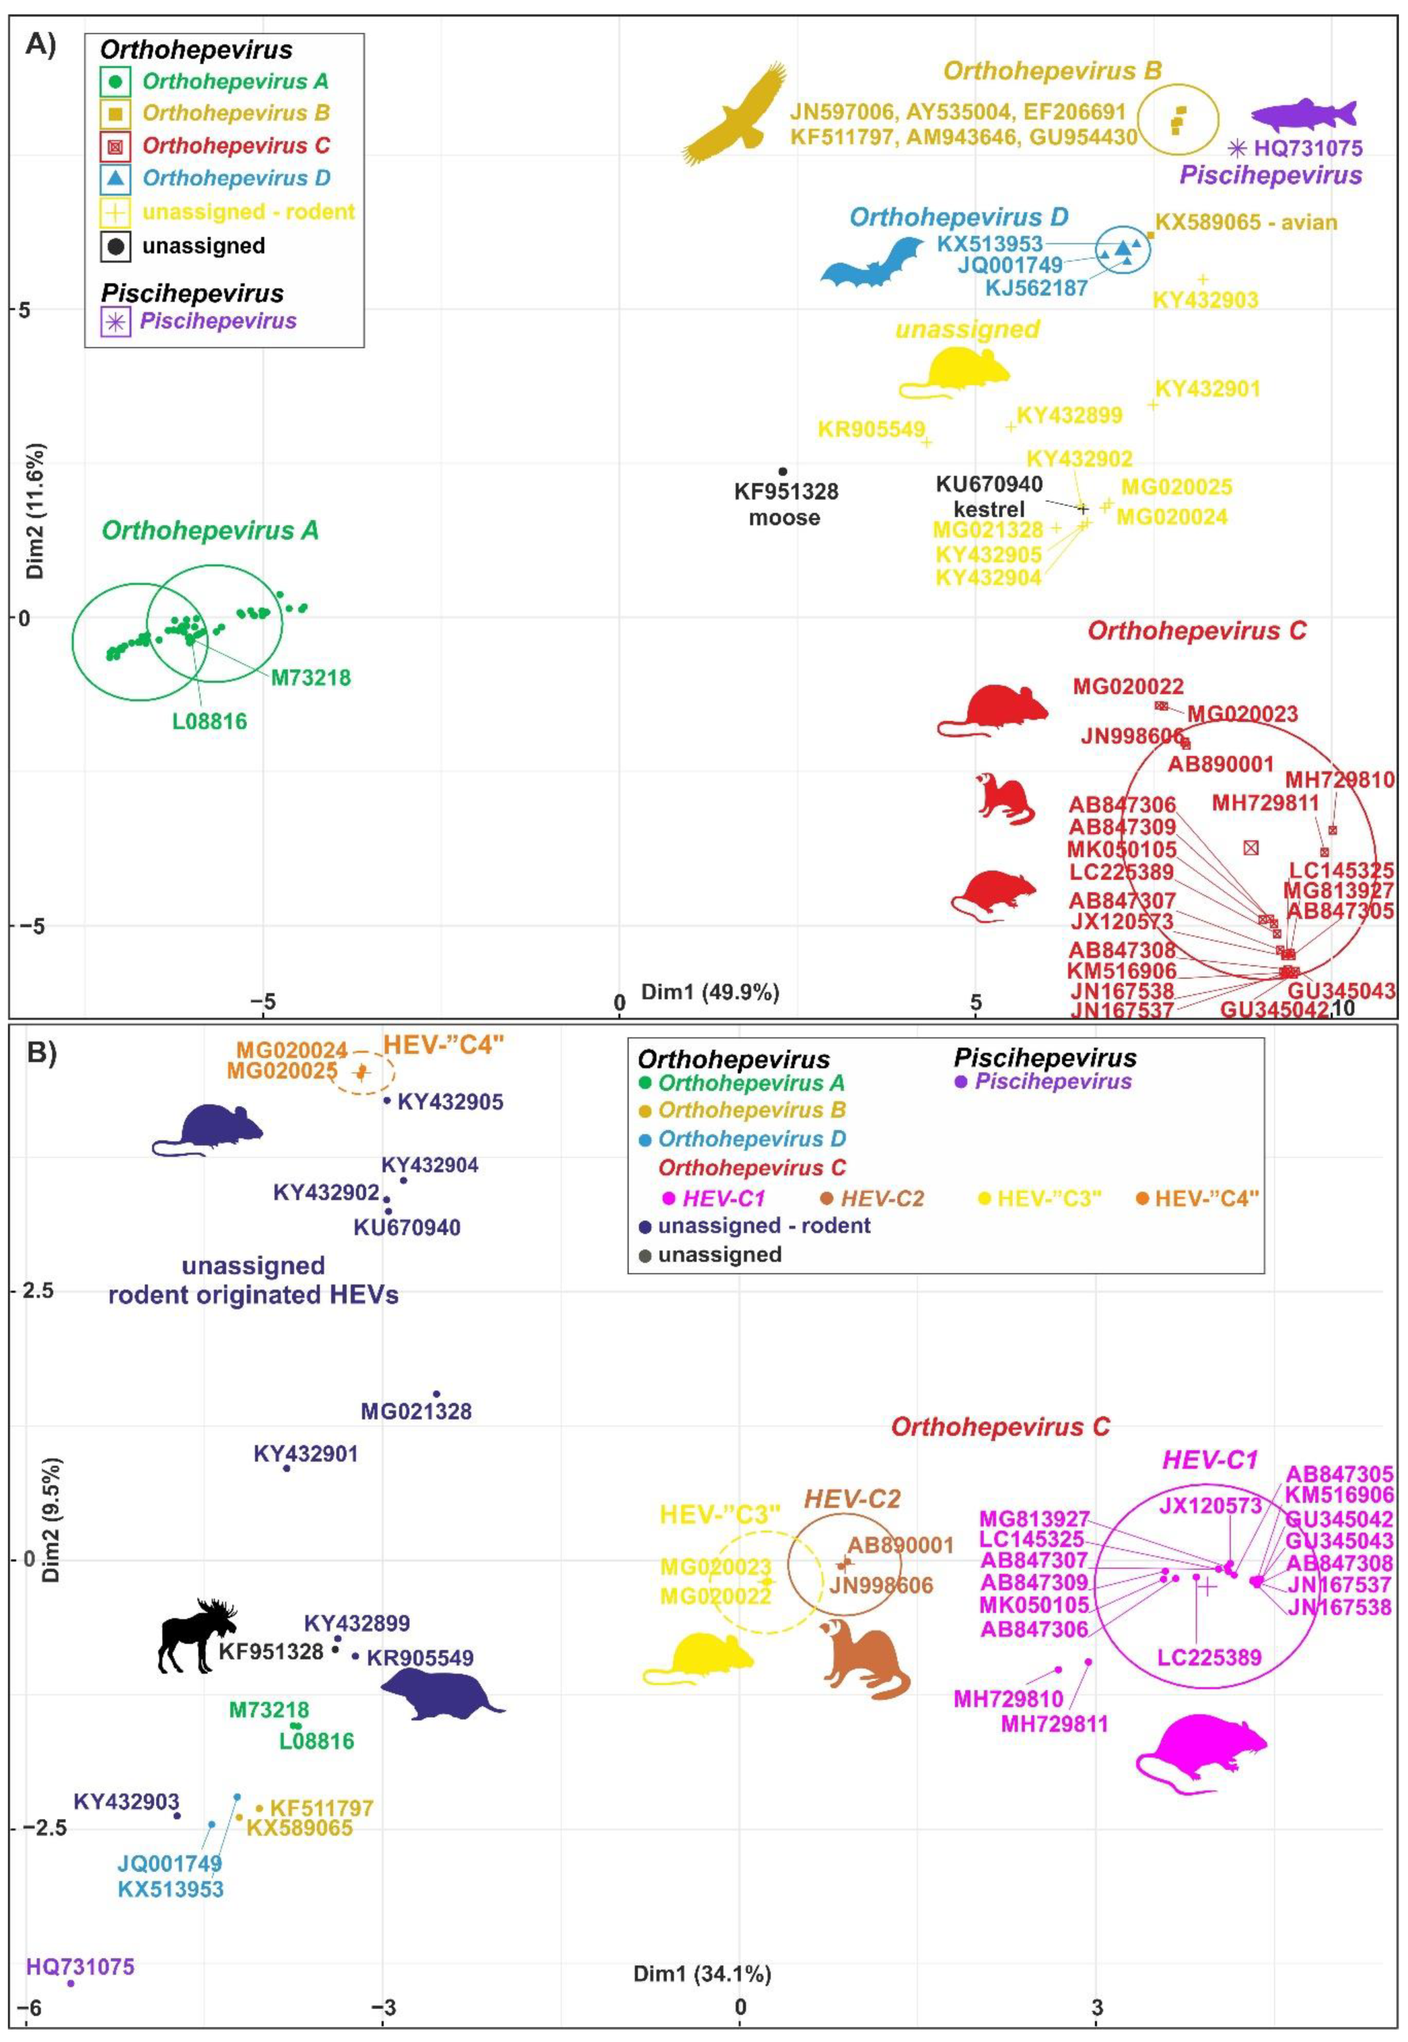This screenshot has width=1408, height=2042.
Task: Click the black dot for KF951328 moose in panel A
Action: pyautogui.click(x=783, y=471)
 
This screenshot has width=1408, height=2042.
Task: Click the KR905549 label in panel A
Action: pyautogui.click(x=871, y=430)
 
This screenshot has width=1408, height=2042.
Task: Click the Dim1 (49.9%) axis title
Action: pyautogui.click(x=709, y=992)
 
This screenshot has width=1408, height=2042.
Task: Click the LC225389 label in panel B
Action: pyautogui.click(x=1209, y=1657)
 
